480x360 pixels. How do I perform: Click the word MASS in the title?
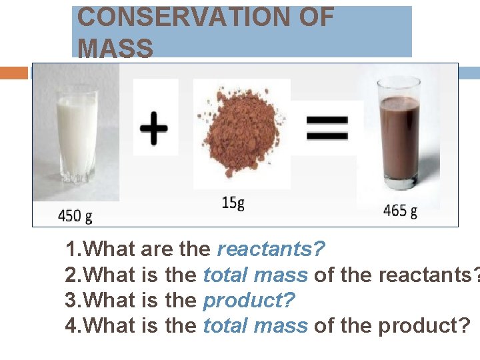(x=115, y=48)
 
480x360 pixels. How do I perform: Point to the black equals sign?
(x=327, y=127)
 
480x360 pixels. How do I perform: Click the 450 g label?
(x=75, y=215)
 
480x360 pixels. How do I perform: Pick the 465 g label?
(x=400, y=212)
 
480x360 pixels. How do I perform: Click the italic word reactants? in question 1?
(x=271, y=250)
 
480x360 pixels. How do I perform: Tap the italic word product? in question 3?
(x=249, y=301)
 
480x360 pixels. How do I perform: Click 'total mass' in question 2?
(x=255, y=275)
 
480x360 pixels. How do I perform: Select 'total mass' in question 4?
(x=255, y=326)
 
